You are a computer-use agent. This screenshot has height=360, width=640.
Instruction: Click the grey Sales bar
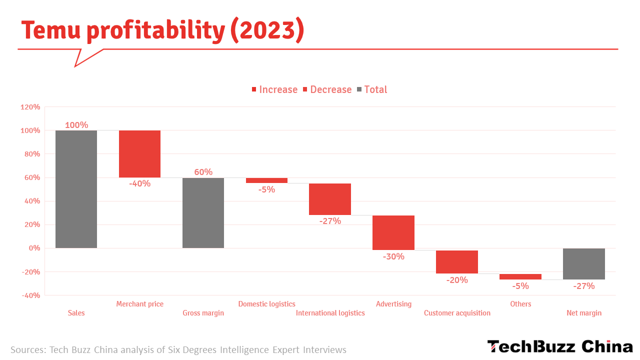click(76, 189)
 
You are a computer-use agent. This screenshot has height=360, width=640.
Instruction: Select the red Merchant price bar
click(139, 153)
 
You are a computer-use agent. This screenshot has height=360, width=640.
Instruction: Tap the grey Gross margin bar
click(203, 212)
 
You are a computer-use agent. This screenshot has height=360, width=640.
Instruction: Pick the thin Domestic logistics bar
click(266, 180)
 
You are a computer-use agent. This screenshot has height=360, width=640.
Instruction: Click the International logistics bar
click(330, 199)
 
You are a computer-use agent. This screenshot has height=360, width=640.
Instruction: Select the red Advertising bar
click(393, 232)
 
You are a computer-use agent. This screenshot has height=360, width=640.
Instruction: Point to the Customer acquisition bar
click(457, 262)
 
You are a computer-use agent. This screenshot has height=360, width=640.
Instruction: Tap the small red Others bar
click(520, 276)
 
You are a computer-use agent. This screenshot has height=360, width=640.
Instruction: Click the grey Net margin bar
click(584, 264)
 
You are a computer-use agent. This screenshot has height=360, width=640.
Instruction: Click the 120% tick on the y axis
click(30, 107)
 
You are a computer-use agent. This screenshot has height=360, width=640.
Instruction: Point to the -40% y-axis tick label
click(30, 295)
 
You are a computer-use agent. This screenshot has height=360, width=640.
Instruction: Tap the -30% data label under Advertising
click(393, 257)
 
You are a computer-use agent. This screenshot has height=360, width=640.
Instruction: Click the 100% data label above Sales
click(76, 125)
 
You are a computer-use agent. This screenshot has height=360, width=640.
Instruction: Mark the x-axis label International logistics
click(330, 313)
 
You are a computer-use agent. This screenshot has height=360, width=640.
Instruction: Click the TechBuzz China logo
click(560, 346)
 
